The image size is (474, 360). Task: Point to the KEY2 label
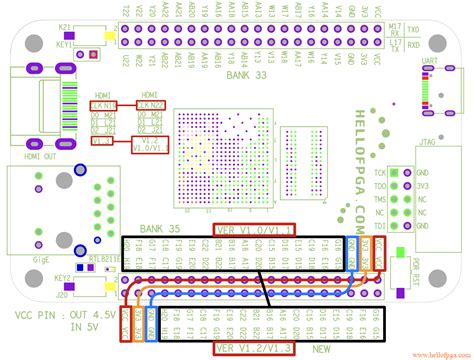tap(63, 276)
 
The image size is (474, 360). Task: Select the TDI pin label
tap(381, 226)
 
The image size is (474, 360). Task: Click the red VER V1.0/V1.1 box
tap(253, 229)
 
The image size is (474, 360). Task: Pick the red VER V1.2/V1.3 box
tap(253, 348)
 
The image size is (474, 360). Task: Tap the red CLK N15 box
tap(104, 104)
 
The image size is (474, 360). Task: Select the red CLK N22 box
tap(150, 104)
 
